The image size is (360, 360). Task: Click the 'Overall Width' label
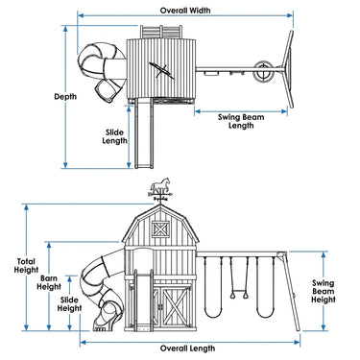pos(185,11)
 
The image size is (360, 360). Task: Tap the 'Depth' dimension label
pos(65,97)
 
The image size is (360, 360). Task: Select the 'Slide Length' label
pos(114,136)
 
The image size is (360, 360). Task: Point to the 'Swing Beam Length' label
pos(241,121)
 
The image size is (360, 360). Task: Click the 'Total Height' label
pos(26,266)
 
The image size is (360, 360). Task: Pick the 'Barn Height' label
pos(49,282)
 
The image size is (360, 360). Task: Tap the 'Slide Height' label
pos(69,304)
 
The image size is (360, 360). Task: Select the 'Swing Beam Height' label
pos(323,292)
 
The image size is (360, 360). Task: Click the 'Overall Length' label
pos(187,348)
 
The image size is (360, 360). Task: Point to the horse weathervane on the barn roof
pos(160,190)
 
